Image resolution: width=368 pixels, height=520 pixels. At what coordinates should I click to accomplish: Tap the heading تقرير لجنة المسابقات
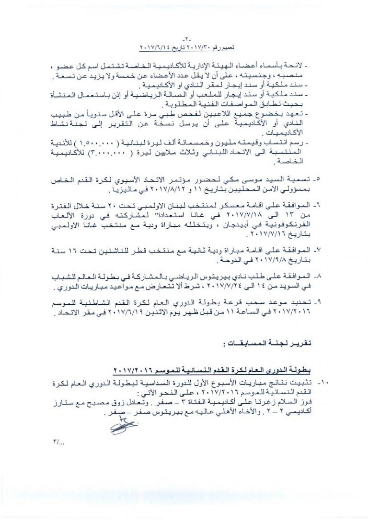(273, 344)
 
